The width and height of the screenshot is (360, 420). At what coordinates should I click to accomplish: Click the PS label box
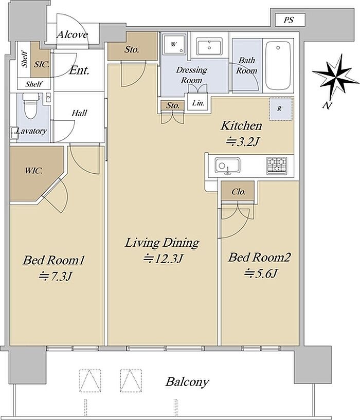point(290,20)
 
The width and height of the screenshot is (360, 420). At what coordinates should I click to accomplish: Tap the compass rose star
point(335,78)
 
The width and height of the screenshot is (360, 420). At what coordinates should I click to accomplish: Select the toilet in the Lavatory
point(30,106)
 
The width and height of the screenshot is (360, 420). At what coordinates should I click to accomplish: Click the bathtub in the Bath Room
point(278,66)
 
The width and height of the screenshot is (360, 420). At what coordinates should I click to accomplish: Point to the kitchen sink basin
point(227,166)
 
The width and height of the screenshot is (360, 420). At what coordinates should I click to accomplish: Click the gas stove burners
point(277,165)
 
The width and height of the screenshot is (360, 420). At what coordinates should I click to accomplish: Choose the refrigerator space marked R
point(280,109)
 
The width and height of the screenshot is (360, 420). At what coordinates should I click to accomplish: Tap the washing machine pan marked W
point(174,44)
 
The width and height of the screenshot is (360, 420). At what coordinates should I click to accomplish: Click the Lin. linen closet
point(198,102)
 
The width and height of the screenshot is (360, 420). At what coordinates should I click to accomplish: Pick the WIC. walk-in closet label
point(34,171)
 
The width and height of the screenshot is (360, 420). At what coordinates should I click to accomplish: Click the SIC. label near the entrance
point(42,64)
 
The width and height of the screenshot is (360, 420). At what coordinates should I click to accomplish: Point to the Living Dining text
point(162,243)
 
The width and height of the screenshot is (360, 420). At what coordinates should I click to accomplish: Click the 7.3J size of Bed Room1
point(55,276)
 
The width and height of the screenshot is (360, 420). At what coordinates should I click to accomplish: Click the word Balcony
point(187,382)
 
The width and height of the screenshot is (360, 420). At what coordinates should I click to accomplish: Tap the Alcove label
point(73,34)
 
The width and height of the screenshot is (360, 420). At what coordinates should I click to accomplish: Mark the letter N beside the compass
point(326,105)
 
